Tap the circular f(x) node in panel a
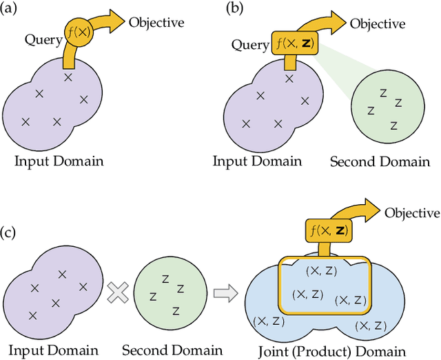coord(78,31)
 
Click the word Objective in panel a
coord(156,22)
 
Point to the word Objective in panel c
coord(411,212)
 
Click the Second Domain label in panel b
coord(379,163)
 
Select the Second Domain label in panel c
coord(172,350)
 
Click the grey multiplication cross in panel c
coord(118,293)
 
